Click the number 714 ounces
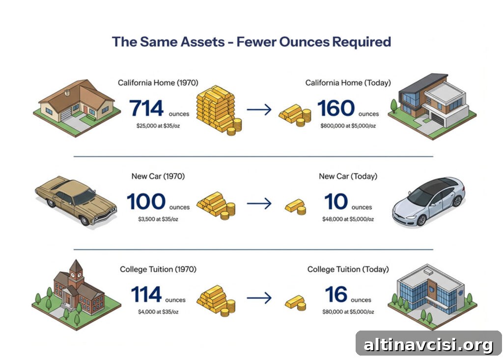(x=146, y=108)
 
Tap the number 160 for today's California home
(x=336, y=108)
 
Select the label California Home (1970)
(x=158, y=83)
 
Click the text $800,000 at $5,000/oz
(x=348, y=126)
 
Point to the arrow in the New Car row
(x=259, y=203)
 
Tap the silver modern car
(x=428, y=202)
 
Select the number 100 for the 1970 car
(x=146, y=201)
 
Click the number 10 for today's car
(x=336, y=201)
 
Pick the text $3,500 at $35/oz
(x=158, y=219)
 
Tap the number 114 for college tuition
(x=146, y=295)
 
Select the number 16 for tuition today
(x=336, y=295)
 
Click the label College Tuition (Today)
(x=348, y=269)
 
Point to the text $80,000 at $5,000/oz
(x=348, y=312)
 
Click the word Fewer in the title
(x=255, y=42)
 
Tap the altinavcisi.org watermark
(x=428, y=345)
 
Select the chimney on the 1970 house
(x=67, y=93)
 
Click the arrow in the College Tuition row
(x=259, y=298)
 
